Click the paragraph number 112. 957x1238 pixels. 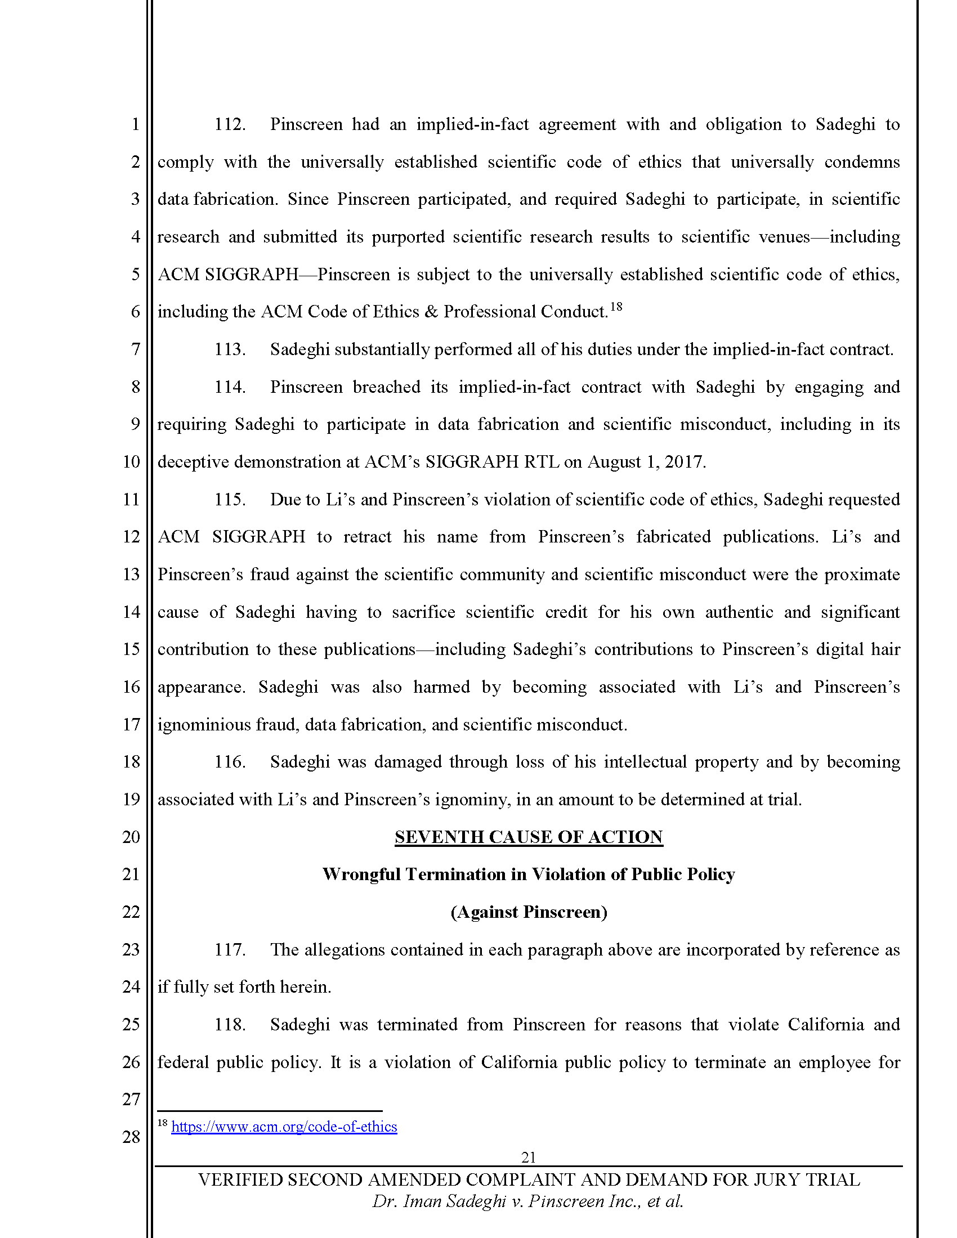click(229, 124)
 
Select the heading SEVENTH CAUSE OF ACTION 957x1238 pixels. click(529, 837)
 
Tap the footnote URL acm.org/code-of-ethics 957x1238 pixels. click(284, 1127)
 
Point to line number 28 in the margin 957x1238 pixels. click(131, 1137)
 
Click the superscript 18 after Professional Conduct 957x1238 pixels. click(616, 307)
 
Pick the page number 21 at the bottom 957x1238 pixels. click(529, 1157)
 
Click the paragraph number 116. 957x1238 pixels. click(229, 761)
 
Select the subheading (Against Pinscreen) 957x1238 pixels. click(529, 912)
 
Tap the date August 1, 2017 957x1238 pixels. click(646, 462)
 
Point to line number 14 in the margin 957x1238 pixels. click(131, 612)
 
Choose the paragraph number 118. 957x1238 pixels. click(229, 1024)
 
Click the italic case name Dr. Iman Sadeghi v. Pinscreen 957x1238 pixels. click(527, 1201)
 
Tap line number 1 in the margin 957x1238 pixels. click(135, 124)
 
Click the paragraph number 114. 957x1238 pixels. click(229, 387)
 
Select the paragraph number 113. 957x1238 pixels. click(229, 349)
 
